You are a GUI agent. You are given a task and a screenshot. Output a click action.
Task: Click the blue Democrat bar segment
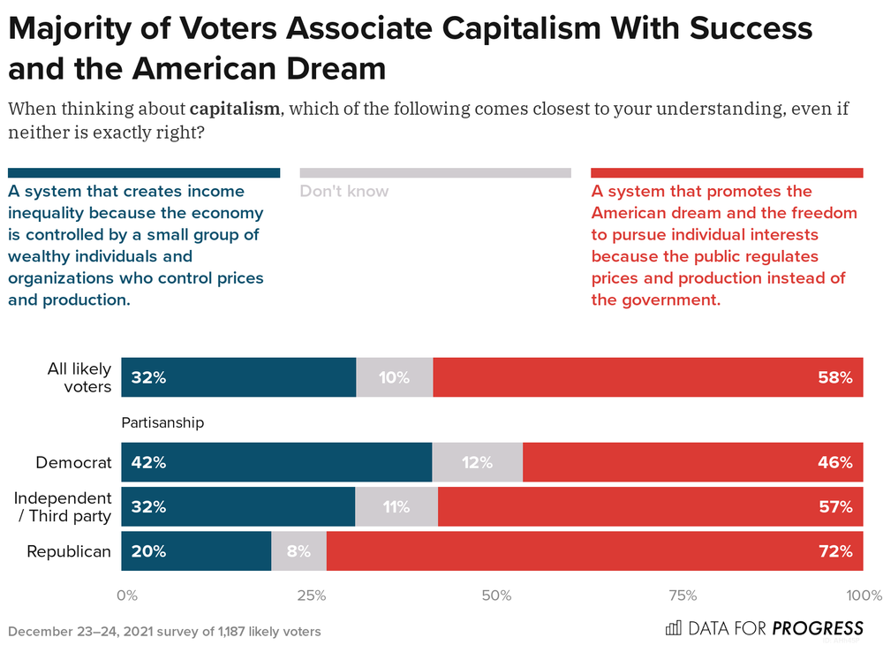pos(276,462)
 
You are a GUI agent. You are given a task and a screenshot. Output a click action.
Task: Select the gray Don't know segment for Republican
pos(298,551)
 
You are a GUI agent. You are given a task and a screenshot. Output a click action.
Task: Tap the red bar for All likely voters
pos(648,377)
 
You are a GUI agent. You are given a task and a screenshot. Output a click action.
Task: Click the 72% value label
pos(834,551)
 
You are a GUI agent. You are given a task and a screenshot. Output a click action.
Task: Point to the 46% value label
pos(834,462)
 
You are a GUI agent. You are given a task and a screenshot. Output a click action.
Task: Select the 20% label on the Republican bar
pos(148,551)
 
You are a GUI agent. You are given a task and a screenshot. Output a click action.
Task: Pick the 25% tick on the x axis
pos(311,596)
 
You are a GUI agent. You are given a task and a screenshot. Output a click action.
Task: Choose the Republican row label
pos(69,551)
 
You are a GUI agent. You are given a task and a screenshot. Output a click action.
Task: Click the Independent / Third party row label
pos(63,507)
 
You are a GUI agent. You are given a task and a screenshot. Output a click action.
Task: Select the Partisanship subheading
pos(162,422)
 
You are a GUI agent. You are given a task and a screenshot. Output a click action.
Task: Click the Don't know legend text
pos(344,191)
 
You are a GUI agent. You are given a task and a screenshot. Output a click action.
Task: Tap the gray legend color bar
pos(435,173)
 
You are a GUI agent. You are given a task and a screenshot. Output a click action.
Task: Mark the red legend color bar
pos(727,173)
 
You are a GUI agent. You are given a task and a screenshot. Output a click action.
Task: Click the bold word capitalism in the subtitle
pos(233,110)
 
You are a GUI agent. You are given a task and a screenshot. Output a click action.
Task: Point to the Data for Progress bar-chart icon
pos(673,628)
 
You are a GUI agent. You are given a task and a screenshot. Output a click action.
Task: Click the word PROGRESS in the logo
pos(818,628)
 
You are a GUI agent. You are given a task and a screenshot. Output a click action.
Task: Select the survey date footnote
pos(164,631)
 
